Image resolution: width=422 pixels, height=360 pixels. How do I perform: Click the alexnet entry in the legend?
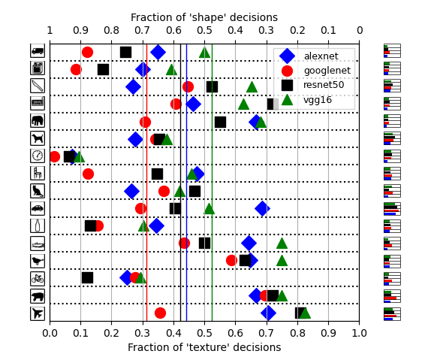[x=320, y=56]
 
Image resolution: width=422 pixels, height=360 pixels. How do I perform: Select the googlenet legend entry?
[x=320, y=71]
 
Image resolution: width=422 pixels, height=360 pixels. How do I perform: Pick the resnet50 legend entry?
[x=320, y=85]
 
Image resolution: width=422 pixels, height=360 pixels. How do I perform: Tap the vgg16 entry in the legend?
[x=320, y=99]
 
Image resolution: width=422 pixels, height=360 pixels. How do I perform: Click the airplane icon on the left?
[x=37, y=313]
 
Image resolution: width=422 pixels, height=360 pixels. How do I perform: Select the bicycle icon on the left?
[x=37, y=278]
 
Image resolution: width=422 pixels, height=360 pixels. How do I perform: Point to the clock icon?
[x=37, y=156]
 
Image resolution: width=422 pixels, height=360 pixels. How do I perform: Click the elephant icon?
[x=37, y=120]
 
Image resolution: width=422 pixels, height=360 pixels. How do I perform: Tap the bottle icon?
[x=37, y=225]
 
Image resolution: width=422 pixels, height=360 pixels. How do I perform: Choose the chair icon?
[x=37, y=173]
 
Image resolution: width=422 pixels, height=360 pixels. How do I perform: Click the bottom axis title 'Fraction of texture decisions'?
[x=204, y=347]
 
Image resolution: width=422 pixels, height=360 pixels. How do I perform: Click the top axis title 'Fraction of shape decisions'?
[x=204, y=17]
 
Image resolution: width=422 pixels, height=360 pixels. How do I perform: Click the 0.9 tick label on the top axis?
[x=80, y=30]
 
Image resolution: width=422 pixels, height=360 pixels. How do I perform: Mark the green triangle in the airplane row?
[x=304, y=313]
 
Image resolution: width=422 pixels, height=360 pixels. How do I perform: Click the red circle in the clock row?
[x=54, y=156]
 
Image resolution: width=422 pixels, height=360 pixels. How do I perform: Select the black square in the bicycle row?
[x=87, y=277]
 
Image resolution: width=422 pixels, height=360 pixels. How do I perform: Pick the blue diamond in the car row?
[x=262, y=208]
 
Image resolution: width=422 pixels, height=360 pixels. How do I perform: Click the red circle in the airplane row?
[x=160, y=313]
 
